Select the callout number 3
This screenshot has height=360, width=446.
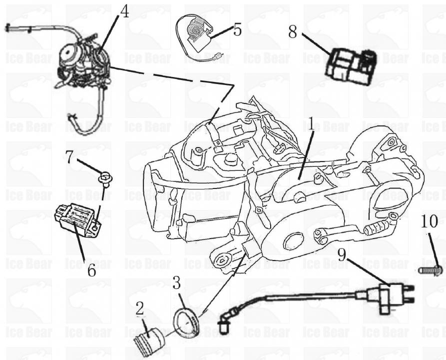[176, 283]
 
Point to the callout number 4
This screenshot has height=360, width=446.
[124, 11]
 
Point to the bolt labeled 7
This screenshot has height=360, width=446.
[105, 176]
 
